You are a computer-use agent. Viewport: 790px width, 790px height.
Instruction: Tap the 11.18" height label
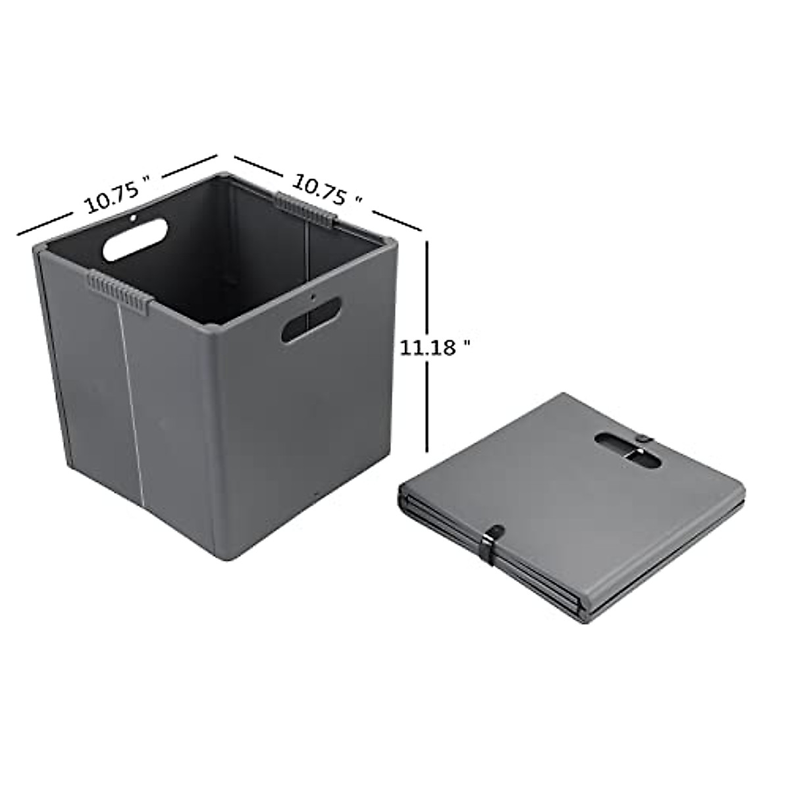click(x=436, y=347)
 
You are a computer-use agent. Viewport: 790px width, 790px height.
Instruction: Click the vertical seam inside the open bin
click(x=308, y=263)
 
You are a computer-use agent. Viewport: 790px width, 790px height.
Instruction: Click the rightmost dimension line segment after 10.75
click(x=396, y=220)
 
